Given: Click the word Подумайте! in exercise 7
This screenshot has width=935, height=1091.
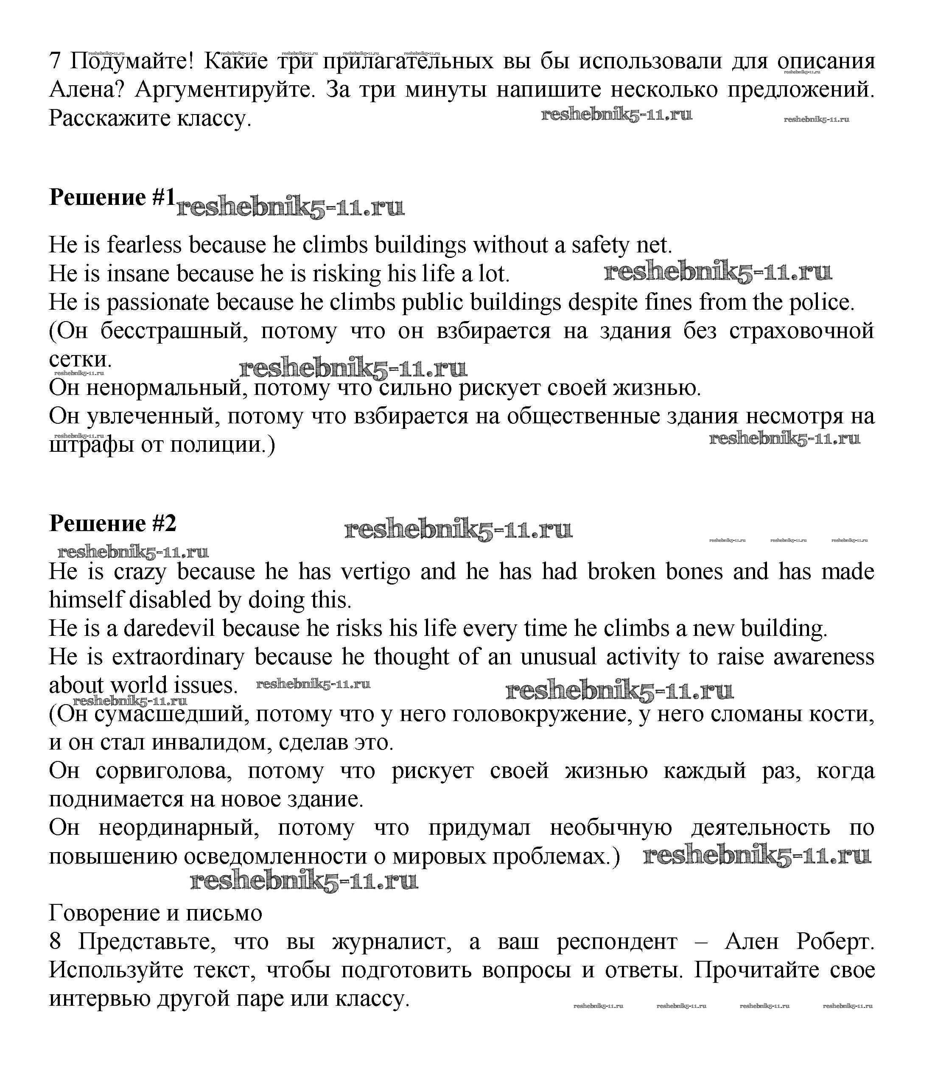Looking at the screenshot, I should tap(132, 62).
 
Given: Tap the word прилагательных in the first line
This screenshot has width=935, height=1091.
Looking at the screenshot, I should tap(408, 62).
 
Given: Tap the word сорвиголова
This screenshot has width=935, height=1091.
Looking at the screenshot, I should tap(163, 771).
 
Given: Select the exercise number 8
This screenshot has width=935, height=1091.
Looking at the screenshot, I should tap(55, 941).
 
